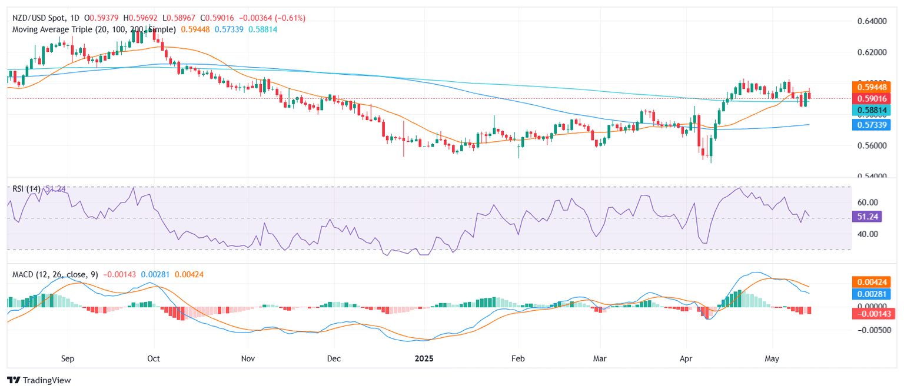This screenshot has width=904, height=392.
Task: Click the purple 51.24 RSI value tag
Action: tap(869, 218)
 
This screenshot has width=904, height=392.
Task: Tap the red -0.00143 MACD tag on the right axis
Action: tap(873, 314)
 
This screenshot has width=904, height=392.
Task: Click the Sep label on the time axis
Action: tap(68, 358)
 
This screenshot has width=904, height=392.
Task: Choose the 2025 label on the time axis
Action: tap(424, 358)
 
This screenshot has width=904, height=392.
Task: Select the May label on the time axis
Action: tap(771, 358)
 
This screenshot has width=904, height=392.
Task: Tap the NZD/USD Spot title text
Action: tap(41, 18)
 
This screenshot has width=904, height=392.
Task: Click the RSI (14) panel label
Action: tap(26, 189)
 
